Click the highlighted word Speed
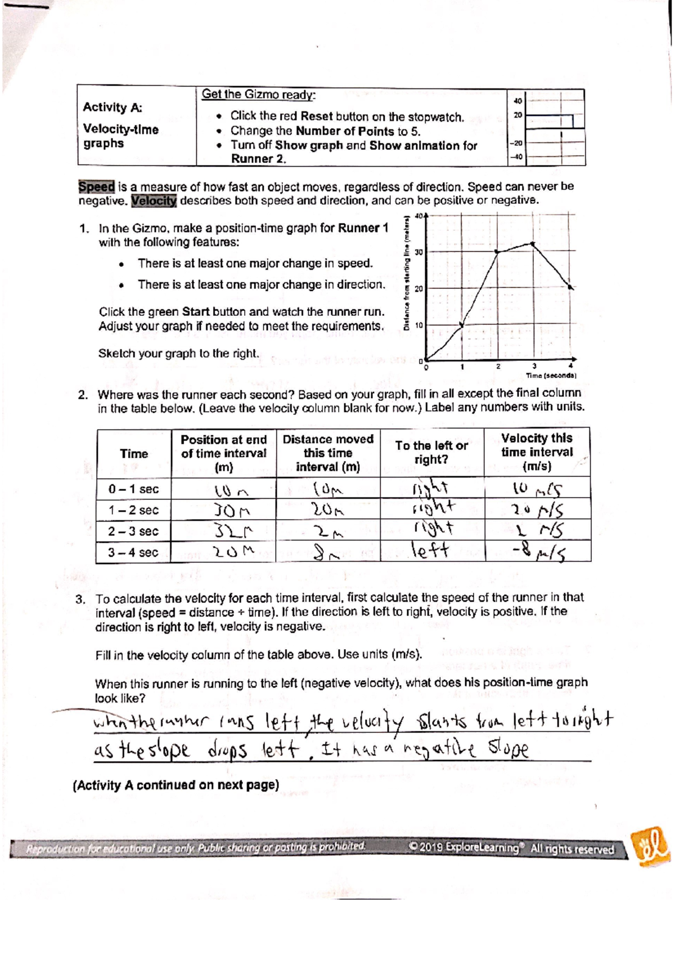click(x=96, y=186)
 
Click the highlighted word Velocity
click(x=154, y=201)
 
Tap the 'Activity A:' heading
click(x=112, y=107)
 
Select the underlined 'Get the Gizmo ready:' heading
click(x=259, y=95)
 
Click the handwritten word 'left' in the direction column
click(x=430, y=550)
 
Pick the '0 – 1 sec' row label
click(x=133, y=489)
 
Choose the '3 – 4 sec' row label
click(x=133, y=552)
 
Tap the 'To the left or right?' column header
click(x=431, y=452)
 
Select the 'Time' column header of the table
click(x=134, y=454)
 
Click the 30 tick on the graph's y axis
click(x=418, y=252)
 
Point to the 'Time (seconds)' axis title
click(x=551, y=376)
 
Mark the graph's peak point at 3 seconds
click(x=533, y=243)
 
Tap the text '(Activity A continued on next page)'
click(x=176, y=785)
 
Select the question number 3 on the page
click(x=80, y=599)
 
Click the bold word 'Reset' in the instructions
click(x=317, y=117)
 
